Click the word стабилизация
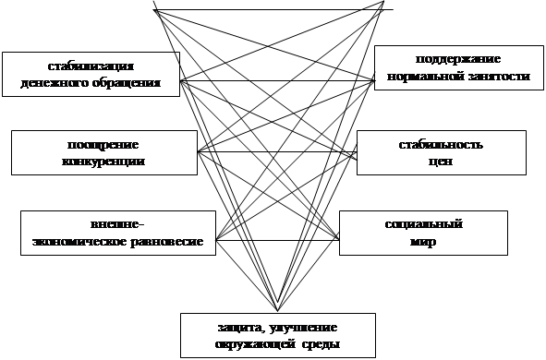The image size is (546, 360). point(91,66)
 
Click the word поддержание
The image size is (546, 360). point(453,60)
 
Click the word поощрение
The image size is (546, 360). point(103,146)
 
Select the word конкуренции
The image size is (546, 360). point(103,161)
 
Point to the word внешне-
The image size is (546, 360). point(118,225)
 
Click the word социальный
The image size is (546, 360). point(422,225)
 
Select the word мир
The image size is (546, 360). point(422,241)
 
